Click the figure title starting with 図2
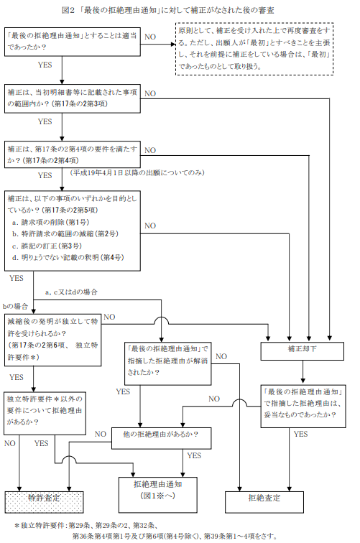pyautogui.click(x=180, y=9)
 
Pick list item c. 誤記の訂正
pyautogui.click(x=47, y=245)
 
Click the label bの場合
pyautogui.click(x=17, y=305)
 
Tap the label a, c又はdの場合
pyautogui.click(x=71, y=292)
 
